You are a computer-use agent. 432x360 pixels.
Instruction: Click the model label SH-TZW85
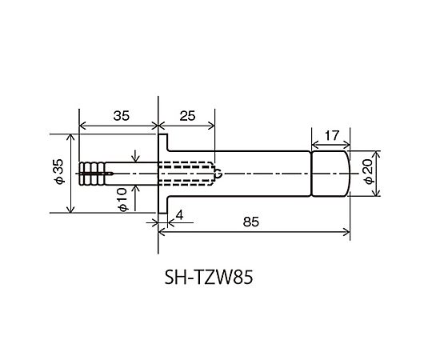click(x=209, y=277)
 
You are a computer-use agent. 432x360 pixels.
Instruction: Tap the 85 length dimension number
click(x=251, y=222)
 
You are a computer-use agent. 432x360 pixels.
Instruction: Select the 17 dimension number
click(x=331, y=135)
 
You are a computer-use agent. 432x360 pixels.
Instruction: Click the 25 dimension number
click(x=187, y=116)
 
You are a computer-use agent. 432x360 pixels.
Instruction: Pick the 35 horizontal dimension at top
click(x=122, y=116)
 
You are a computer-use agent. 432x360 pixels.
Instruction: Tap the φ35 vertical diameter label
click(x=58, y=171)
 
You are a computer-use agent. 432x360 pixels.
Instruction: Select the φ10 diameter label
click(x=122, y=200)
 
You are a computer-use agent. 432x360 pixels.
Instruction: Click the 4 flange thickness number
click(x=179, y=215)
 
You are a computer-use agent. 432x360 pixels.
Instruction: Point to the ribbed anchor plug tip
click(x=92, y=174)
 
